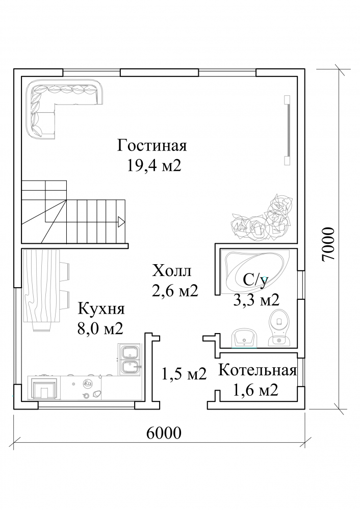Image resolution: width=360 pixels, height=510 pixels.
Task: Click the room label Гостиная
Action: tap(152, 146)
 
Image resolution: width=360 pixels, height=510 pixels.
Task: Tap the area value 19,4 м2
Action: tap(153, 166)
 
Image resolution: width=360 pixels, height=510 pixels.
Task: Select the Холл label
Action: tap(172, 271)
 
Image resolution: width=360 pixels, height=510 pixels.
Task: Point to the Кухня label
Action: tap(101, 309)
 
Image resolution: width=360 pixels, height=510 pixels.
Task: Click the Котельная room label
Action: tap(257, 370)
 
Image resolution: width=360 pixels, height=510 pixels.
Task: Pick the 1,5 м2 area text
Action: tap(184, 374)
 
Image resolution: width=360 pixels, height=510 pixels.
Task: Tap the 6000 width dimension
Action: tap(164, 433)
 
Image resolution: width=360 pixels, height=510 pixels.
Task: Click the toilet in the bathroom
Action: tap(279, 327)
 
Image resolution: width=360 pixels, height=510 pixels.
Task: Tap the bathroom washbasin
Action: tap(244, 338)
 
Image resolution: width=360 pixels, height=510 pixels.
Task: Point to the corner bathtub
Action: tap(257, 272)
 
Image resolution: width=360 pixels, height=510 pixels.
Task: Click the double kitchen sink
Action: tap(129, 360)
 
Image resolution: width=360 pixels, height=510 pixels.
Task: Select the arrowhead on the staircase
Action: tap(121, 222)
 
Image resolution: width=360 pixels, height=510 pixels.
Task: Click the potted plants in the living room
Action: tap(263, 217)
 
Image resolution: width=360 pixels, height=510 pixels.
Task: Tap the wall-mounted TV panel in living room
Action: tap(287, 130)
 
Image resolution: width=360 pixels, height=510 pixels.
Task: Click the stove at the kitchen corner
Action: tap(44, 388)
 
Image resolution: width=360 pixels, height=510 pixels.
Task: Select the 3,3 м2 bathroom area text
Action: tap(256, 300)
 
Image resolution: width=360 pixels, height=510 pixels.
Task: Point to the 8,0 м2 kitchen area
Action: tap(100, 329)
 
